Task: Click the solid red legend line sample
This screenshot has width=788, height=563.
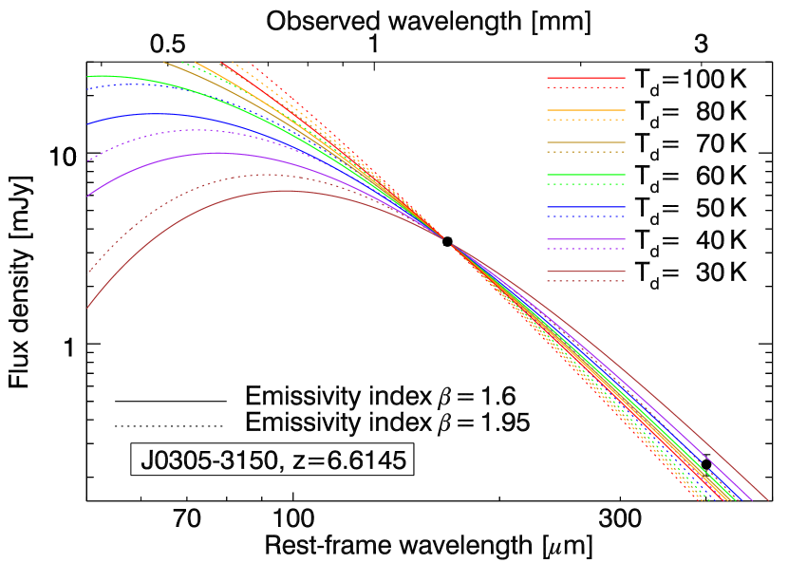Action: coord(586,78)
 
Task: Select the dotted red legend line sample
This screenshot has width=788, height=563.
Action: coord(586,87)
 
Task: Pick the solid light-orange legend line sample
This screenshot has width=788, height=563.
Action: coord(586,110)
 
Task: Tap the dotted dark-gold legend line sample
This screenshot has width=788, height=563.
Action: coord(586,152)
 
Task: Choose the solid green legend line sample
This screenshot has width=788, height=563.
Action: coord(586,175)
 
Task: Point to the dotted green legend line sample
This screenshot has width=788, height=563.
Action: coord(586,184)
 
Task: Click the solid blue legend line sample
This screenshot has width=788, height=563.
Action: coord(586,207)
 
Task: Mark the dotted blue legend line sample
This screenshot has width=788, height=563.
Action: coord(586,216)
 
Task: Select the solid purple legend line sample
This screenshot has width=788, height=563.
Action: coord(586,239)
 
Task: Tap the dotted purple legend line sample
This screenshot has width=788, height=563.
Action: coord(586,249)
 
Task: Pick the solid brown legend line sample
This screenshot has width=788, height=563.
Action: coord(586,272)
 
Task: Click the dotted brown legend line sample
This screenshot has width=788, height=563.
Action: coord(586,281)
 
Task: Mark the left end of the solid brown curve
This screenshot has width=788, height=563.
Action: coord(88,307)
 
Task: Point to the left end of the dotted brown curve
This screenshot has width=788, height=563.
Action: coord(88,272)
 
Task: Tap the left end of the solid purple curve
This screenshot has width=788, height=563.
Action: coord(88,196)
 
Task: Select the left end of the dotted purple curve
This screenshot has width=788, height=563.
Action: coord(88,160)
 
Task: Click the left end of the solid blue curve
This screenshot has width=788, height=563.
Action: coord(88,123)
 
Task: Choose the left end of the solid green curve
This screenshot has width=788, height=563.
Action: coord(88,76)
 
